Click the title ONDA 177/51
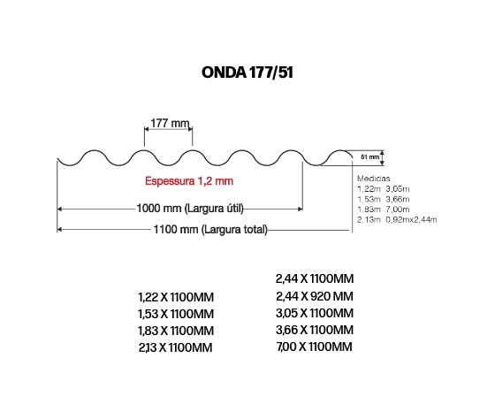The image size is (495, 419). (247, 72)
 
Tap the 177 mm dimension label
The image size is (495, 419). (170, 123)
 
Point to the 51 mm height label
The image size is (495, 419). (370, 156)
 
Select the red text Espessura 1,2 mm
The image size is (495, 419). (189, 181)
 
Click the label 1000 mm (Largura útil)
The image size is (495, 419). (190, 209)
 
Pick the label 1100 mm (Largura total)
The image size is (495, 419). (210, 229)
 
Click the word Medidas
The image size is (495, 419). (373, 179)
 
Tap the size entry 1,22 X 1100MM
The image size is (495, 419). (176, 297)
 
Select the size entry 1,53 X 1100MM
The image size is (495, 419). (176, 314)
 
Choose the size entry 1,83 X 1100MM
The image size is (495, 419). (176, 331)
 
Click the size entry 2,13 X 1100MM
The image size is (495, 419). (176, 347)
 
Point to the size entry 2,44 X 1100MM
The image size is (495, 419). (315, 278)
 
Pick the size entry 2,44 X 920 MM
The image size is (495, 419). (315, 296)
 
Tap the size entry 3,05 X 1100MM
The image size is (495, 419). (315, 313)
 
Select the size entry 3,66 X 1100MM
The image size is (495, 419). (315, 330)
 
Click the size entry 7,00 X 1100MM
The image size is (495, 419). (314, 347)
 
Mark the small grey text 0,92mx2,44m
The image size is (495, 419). (411, 219)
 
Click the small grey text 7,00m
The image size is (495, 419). (398, 209)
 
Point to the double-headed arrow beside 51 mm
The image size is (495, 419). (382, 157)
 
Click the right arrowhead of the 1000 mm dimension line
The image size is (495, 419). (301, 209)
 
